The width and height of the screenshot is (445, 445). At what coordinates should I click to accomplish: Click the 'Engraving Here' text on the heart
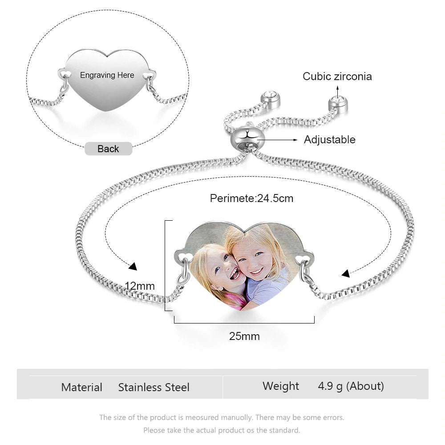(x=107, y=75)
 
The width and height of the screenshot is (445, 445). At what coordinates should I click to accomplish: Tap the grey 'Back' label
(x=109, y=149)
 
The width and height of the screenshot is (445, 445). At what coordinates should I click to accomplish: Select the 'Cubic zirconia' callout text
(x=337, y=77)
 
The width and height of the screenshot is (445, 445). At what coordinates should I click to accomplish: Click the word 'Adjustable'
(x=329, y=140)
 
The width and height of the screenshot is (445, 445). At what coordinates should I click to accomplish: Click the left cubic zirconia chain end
(x=270, y=100)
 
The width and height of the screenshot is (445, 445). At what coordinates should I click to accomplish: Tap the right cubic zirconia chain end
(x=338, y=104)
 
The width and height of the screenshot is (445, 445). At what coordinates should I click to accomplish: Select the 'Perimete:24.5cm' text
(x=251, y=198)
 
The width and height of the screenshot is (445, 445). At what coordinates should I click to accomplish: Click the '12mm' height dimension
(x=140, y=286)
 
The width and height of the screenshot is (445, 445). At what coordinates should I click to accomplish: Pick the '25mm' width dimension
(x=244, y=336)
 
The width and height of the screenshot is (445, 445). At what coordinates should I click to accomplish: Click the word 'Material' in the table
(x=82, y=388)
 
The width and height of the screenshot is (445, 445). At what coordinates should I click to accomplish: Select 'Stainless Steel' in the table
(x=154, y=388)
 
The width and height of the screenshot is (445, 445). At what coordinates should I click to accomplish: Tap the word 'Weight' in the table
(x=281, y=386)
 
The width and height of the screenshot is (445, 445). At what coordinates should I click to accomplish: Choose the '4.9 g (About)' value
(x=351, y=386)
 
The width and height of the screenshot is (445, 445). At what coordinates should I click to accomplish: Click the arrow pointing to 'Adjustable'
(x=278, y=140)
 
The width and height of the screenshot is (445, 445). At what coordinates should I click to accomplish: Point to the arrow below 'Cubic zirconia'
(x=337, y=92)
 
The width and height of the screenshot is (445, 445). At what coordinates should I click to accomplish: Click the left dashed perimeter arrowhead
(x=133, y=267)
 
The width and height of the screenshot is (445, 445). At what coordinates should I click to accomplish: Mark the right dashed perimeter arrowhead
(x=345, y=274)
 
